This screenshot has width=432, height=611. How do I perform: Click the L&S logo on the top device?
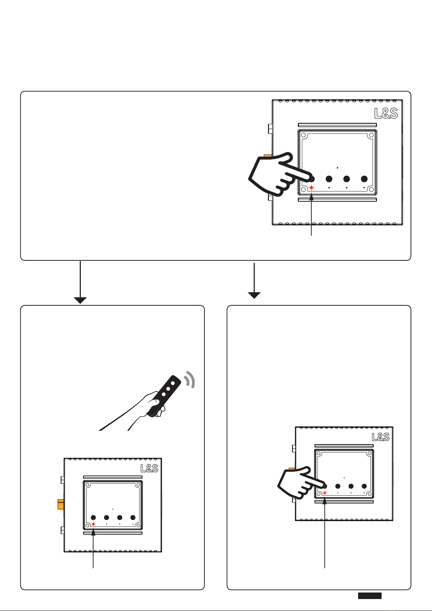pos(386,113)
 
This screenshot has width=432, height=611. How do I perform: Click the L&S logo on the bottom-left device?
pos(149,468)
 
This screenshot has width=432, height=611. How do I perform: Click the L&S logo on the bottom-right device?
pos(381,437)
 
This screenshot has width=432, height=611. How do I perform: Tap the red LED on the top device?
pos(311,188)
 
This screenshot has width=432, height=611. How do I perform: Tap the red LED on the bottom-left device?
pos(93,524)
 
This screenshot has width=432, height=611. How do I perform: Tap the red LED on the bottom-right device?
pos(325,493)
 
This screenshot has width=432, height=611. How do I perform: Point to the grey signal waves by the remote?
pos(190,379)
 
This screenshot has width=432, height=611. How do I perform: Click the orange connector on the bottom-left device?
pos(61,504)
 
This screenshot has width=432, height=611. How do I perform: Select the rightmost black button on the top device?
pos(364,179)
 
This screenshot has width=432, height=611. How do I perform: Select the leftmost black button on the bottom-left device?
pos(93,517)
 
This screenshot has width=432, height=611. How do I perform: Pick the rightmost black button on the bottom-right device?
pos(364,486)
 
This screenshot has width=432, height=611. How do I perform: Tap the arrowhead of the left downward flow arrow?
pos(80,300)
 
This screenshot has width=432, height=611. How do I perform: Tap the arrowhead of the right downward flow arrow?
pos(254,296)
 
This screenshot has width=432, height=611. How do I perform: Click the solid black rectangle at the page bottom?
pos(370,596)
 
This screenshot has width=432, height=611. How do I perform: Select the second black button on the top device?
pos(329,179)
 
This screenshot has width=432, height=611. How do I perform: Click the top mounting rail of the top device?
pos(337,125)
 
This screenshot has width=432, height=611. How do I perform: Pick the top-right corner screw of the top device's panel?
pos(371,135)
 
